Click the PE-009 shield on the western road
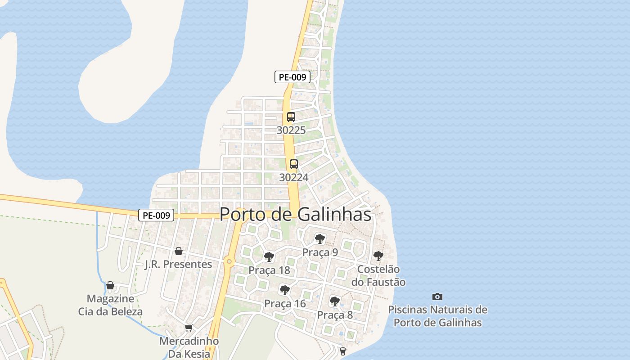click(x=156, y=216)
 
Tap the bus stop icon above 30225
click(x=291, y=117)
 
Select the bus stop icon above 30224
click(x=294, y=164)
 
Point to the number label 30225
click(x=291, y=130)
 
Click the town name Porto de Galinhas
click(x=296, y=214)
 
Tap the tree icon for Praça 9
click(x=320, y=238)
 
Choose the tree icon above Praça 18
click(x=269, y=257)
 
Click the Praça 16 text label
click(x=285, y=304)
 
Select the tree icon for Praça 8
click(x=334, y=301)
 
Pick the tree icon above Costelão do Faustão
click(x=378, y=256)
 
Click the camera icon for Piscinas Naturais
click(x=437, y=297)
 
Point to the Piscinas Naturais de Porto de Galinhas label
click(x=437, y=316)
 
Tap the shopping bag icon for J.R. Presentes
click(x=179, y=251)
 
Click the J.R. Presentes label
click(x=178, y=264)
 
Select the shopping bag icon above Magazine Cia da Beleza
click(x=110, y=285)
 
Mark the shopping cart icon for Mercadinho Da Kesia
click(x=189, y=328)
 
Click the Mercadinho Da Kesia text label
click(x=189, y=347)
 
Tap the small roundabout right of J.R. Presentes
click(x=229, y=261)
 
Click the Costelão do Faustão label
click(x=381, y=276)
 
